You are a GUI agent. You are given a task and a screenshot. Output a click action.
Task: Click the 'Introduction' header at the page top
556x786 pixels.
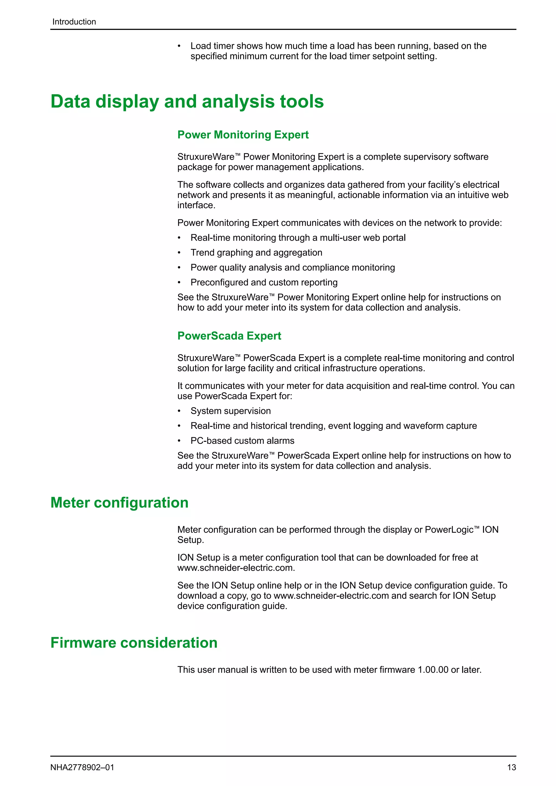point(74,22)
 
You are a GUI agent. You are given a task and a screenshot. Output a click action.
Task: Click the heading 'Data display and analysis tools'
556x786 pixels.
point(187,102)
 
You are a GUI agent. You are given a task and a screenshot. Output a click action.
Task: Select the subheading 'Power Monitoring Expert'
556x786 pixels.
point(243,135)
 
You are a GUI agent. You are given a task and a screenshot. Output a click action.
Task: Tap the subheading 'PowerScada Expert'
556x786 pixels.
point(229,336)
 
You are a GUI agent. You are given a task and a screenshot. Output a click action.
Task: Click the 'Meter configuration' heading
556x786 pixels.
point(119,503)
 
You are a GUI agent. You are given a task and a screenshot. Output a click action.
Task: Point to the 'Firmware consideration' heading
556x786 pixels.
point(134,643)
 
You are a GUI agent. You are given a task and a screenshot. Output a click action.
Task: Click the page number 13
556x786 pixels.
point(511,767)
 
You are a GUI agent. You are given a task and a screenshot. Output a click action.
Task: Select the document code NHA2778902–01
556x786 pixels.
point(82,767)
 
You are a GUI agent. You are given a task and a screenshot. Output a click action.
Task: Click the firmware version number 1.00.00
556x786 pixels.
point(433,670)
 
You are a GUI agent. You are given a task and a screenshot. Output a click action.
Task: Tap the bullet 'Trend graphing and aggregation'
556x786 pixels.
point(256,253)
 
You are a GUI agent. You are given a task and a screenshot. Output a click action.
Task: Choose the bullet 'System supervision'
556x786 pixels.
point(230,411)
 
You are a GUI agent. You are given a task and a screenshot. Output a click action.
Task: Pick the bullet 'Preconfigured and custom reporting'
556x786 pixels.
point(264,283)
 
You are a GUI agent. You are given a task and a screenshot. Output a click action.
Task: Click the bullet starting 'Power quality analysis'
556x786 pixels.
point(292,267)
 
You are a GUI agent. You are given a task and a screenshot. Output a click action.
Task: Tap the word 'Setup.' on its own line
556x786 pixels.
point(190,540)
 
